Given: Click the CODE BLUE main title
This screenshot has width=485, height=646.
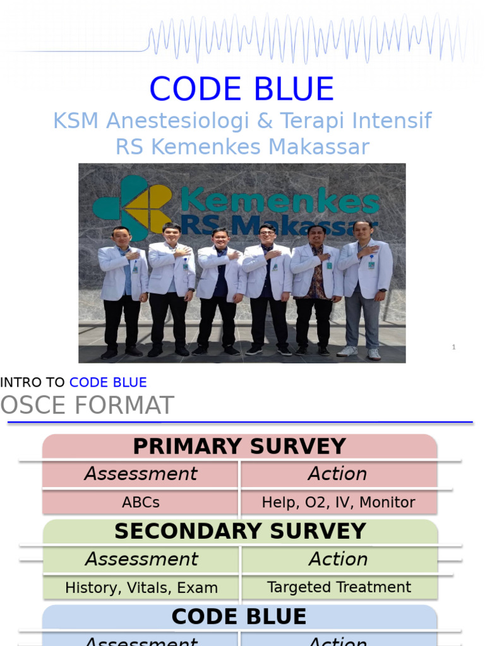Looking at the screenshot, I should coord(242,89).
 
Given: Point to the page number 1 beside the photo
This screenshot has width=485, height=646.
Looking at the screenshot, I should coord(453,347).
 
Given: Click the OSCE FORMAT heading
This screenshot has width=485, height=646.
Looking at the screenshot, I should coord(87,406).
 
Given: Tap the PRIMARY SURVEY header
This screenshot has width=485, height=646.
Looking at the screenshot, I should coord(239,447).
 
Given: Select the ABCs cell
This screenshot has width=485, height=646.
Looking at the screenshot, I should coord(141,503).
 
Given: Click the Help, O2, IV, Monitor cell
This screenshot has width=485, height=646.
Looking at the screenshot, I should coord(338,503).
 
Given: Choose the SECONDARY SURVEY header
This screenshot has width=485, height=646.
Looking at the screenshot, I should coord(240,531).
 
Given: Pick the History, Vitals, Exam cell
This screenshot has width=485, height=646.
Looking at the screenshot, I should coord(141,588).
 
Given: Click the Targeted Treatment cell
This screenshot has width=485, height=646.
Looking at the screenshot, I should coord(339,587).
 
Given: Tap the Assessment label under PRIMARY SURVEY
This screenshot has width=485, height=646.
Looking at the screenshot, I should coord(141,474).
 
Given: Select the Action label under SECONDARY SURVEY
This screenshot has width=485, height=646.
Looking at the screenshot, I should coord(338,559).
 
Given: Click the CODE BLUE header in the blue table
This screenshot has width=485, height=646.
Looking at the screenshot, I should coord(239,616).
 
